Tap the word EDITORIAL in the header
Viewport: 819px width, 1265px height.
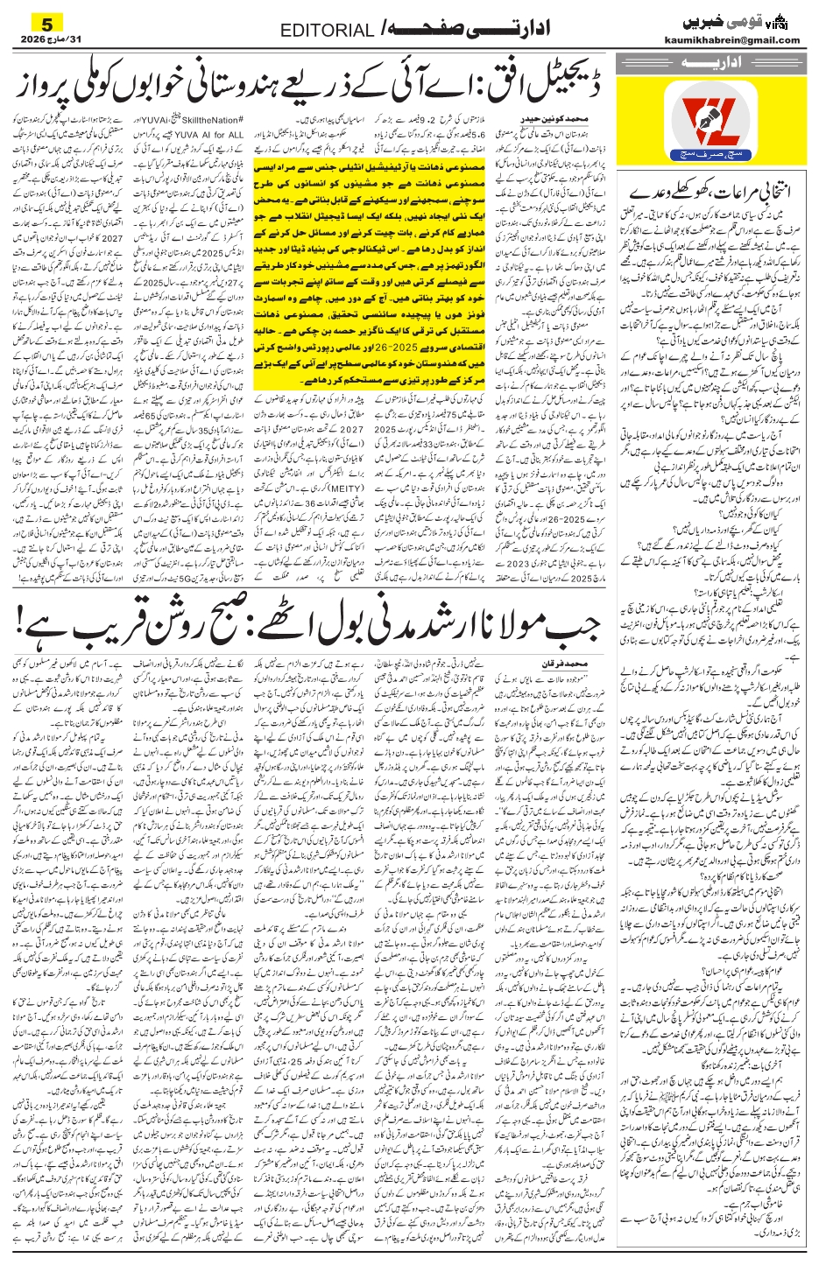[326, 32]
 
